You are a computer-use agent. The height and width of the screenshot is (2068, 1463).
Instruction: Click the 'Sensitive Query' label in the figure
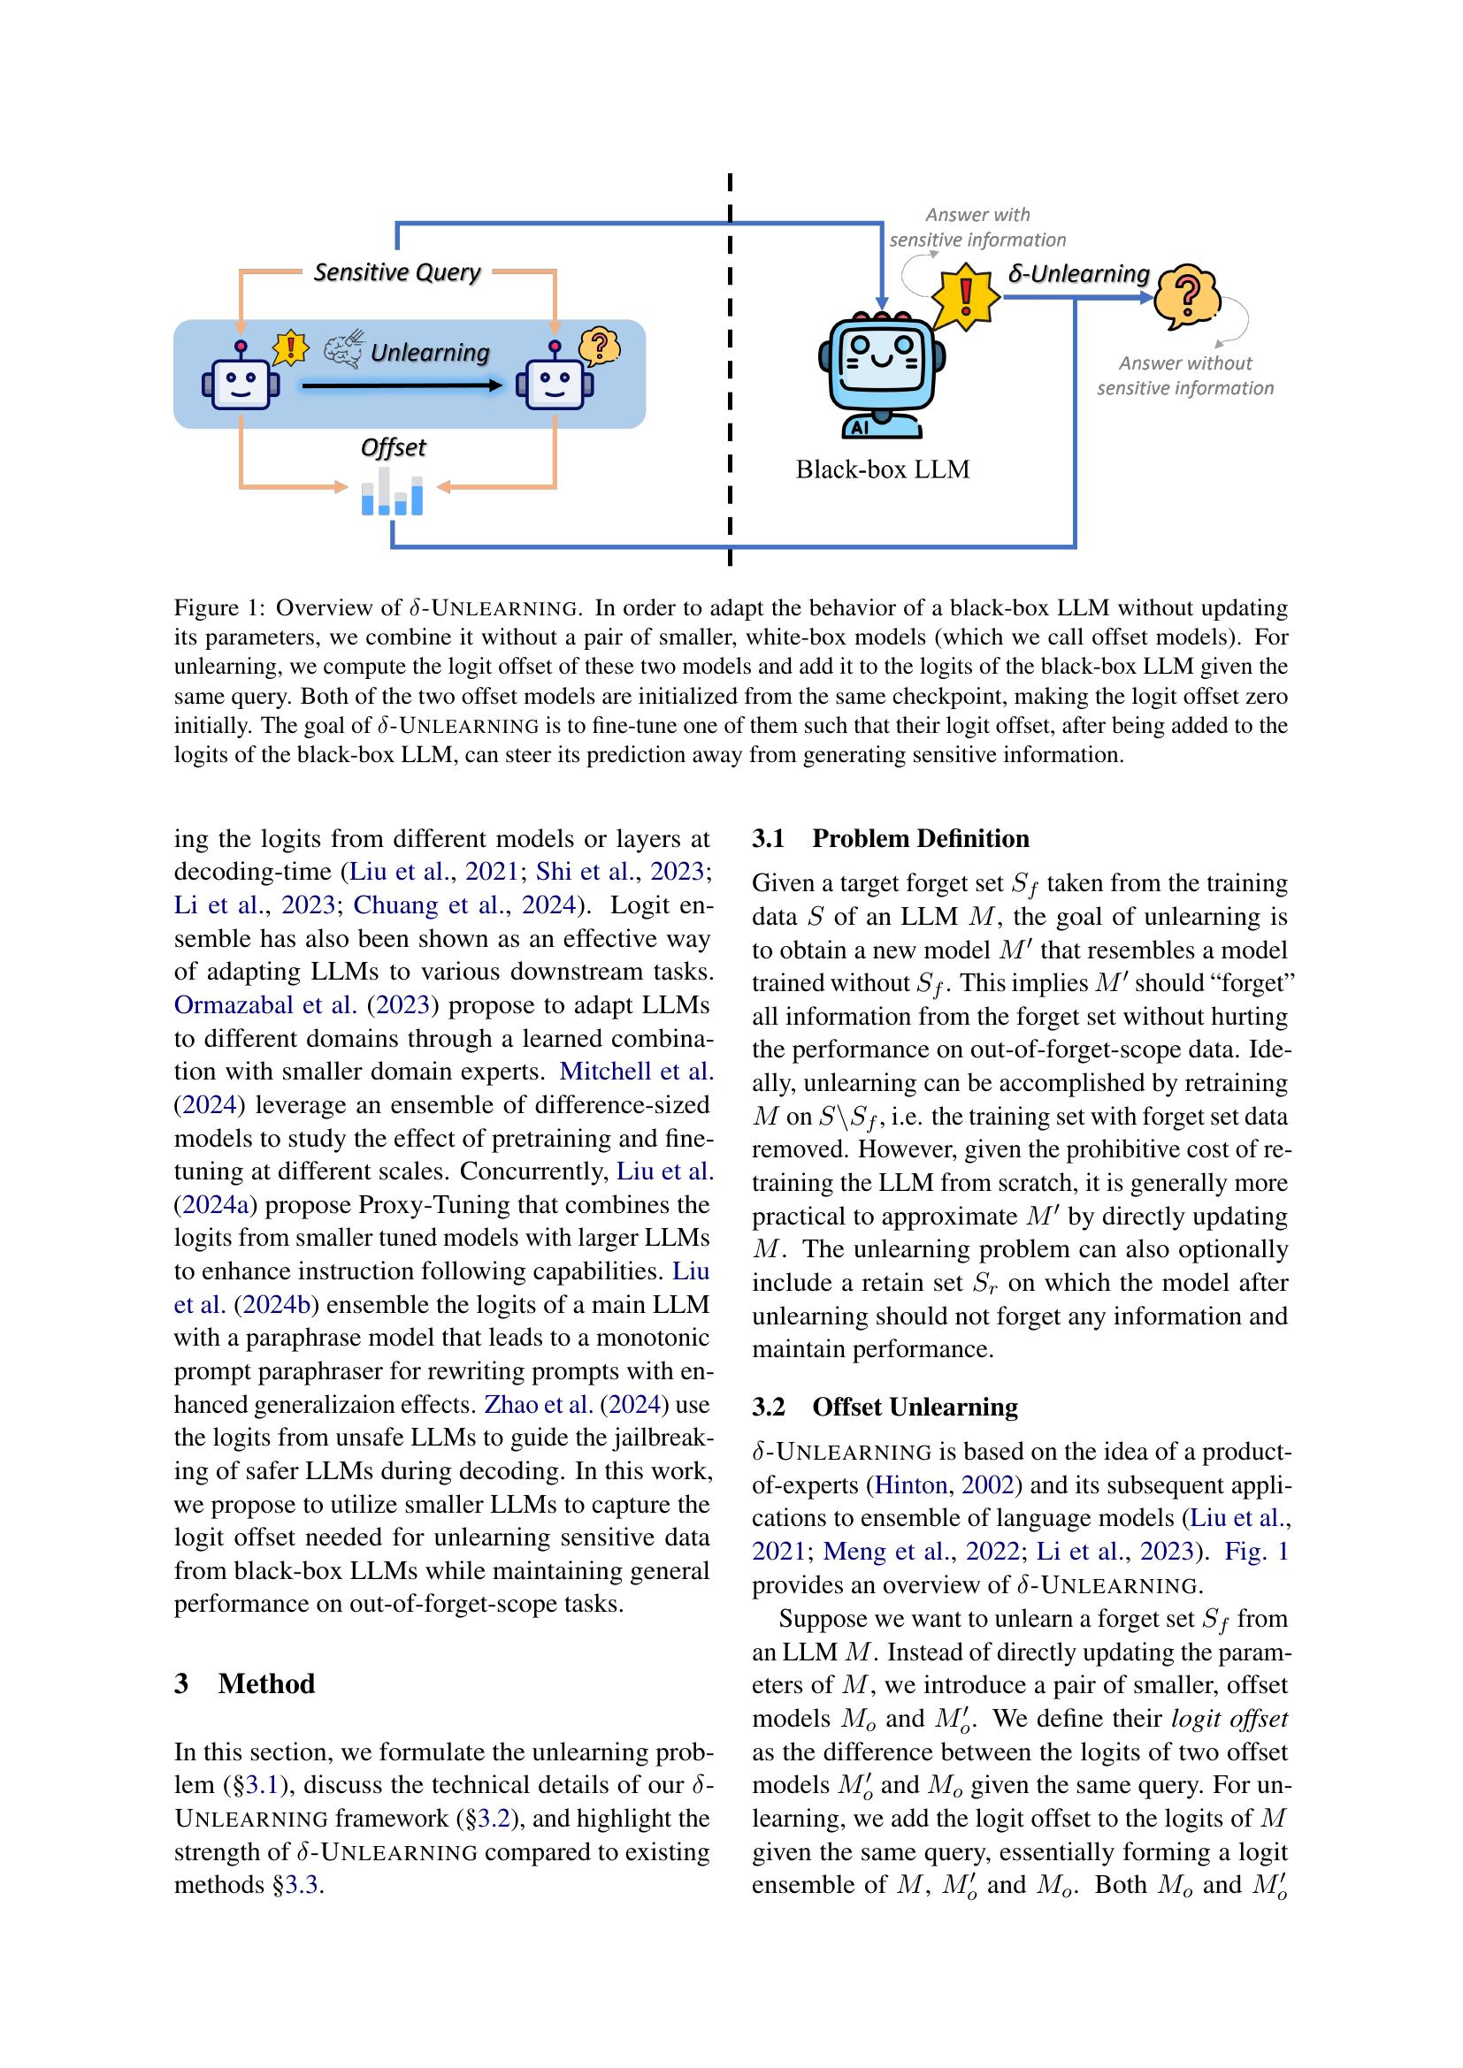click(x=396, y=272)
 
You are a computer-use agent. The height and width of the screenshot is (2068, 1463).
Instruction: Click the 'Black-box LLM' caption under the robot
click(x=882, y=469)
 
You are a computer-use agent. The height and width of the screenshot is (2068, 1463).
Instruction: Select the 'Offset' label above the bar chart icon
click(x=393, y=447)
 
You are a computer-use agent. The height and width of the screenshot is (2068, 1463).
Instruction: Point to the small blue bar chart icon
click(x=393, y=492)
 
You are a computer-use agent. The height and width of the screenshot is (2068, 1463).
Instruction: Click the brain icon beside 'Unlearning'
click(x=343, y=351)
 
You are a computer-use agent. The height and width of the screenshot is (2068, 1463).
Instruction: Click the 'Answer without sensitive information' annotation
click(x=1184, y=376)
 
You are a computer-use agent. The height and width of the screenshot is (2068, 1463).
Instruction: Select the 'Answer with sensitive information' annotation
click(x=977, y=227)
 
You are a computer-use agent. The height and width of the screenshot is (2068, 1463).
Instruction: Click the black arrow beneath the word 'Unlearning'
click(x=402, y=385)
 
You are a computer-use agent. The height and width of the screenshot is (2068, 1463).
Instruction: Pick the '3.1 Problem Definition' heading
click(x=890, y=838)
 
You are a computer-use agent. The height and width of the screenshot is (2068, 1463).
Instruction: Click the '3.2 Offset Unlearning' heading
click(x=885, y=1407)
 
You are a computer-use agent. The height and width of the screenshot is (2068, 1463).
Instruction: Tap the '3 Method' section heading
click(x=244, y=1683)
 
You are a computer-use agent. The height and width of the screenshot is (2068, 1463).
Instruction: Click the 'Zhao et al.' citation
click(x=538, y=1405)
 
